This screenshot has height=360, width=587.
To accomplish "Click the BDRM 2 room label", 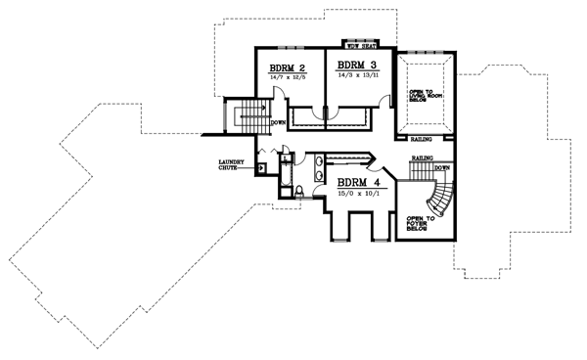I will click(289, 68).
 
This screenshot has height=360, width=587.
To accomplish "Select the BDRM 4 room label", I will click(358, 182).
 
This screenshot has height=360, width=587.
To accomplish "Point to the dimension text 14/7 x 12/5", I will click(290, 79).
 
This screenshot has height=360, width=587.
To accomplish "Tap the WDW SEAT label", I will click(362, 44).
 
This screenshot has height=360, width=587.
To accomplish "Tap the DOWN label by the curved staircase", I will click(441, 167).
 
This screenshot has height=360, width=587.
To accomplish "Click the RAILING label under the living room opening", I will click(423, 140).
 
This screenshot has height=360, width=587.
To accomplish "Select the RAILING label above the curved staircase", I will click(423, 157).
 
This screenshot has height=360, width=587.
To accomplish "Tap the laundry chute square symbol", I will click(261, 167).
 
